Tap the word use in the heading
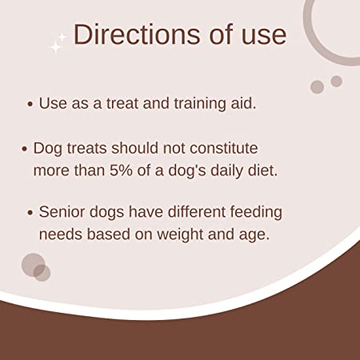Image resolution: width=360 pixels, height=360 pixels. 264,38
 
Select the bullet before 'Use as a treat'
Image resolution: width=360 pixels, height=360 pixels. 30,104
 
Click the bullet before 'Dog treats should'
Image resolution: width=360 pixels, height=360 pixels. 24,149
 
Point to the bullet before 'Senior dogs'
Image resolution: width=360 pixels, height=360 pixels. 30,213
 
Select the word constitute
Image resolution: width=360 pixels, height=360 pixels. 224,148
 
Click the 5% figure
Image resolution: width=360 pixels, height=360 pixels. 121,170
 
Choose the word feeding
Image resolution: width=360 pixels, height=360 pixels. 256,213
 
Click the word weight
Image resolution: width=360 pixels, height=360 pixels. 180,235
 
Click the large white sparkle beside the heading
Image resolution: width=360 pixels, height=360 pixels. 56,47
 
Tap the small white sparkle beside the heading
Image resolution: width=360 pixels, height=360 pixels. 62,37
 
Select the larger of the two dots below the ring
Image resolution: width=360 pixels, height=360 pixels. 318,87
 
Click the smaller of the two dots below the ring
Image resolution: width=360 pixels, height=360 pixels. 337,81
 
